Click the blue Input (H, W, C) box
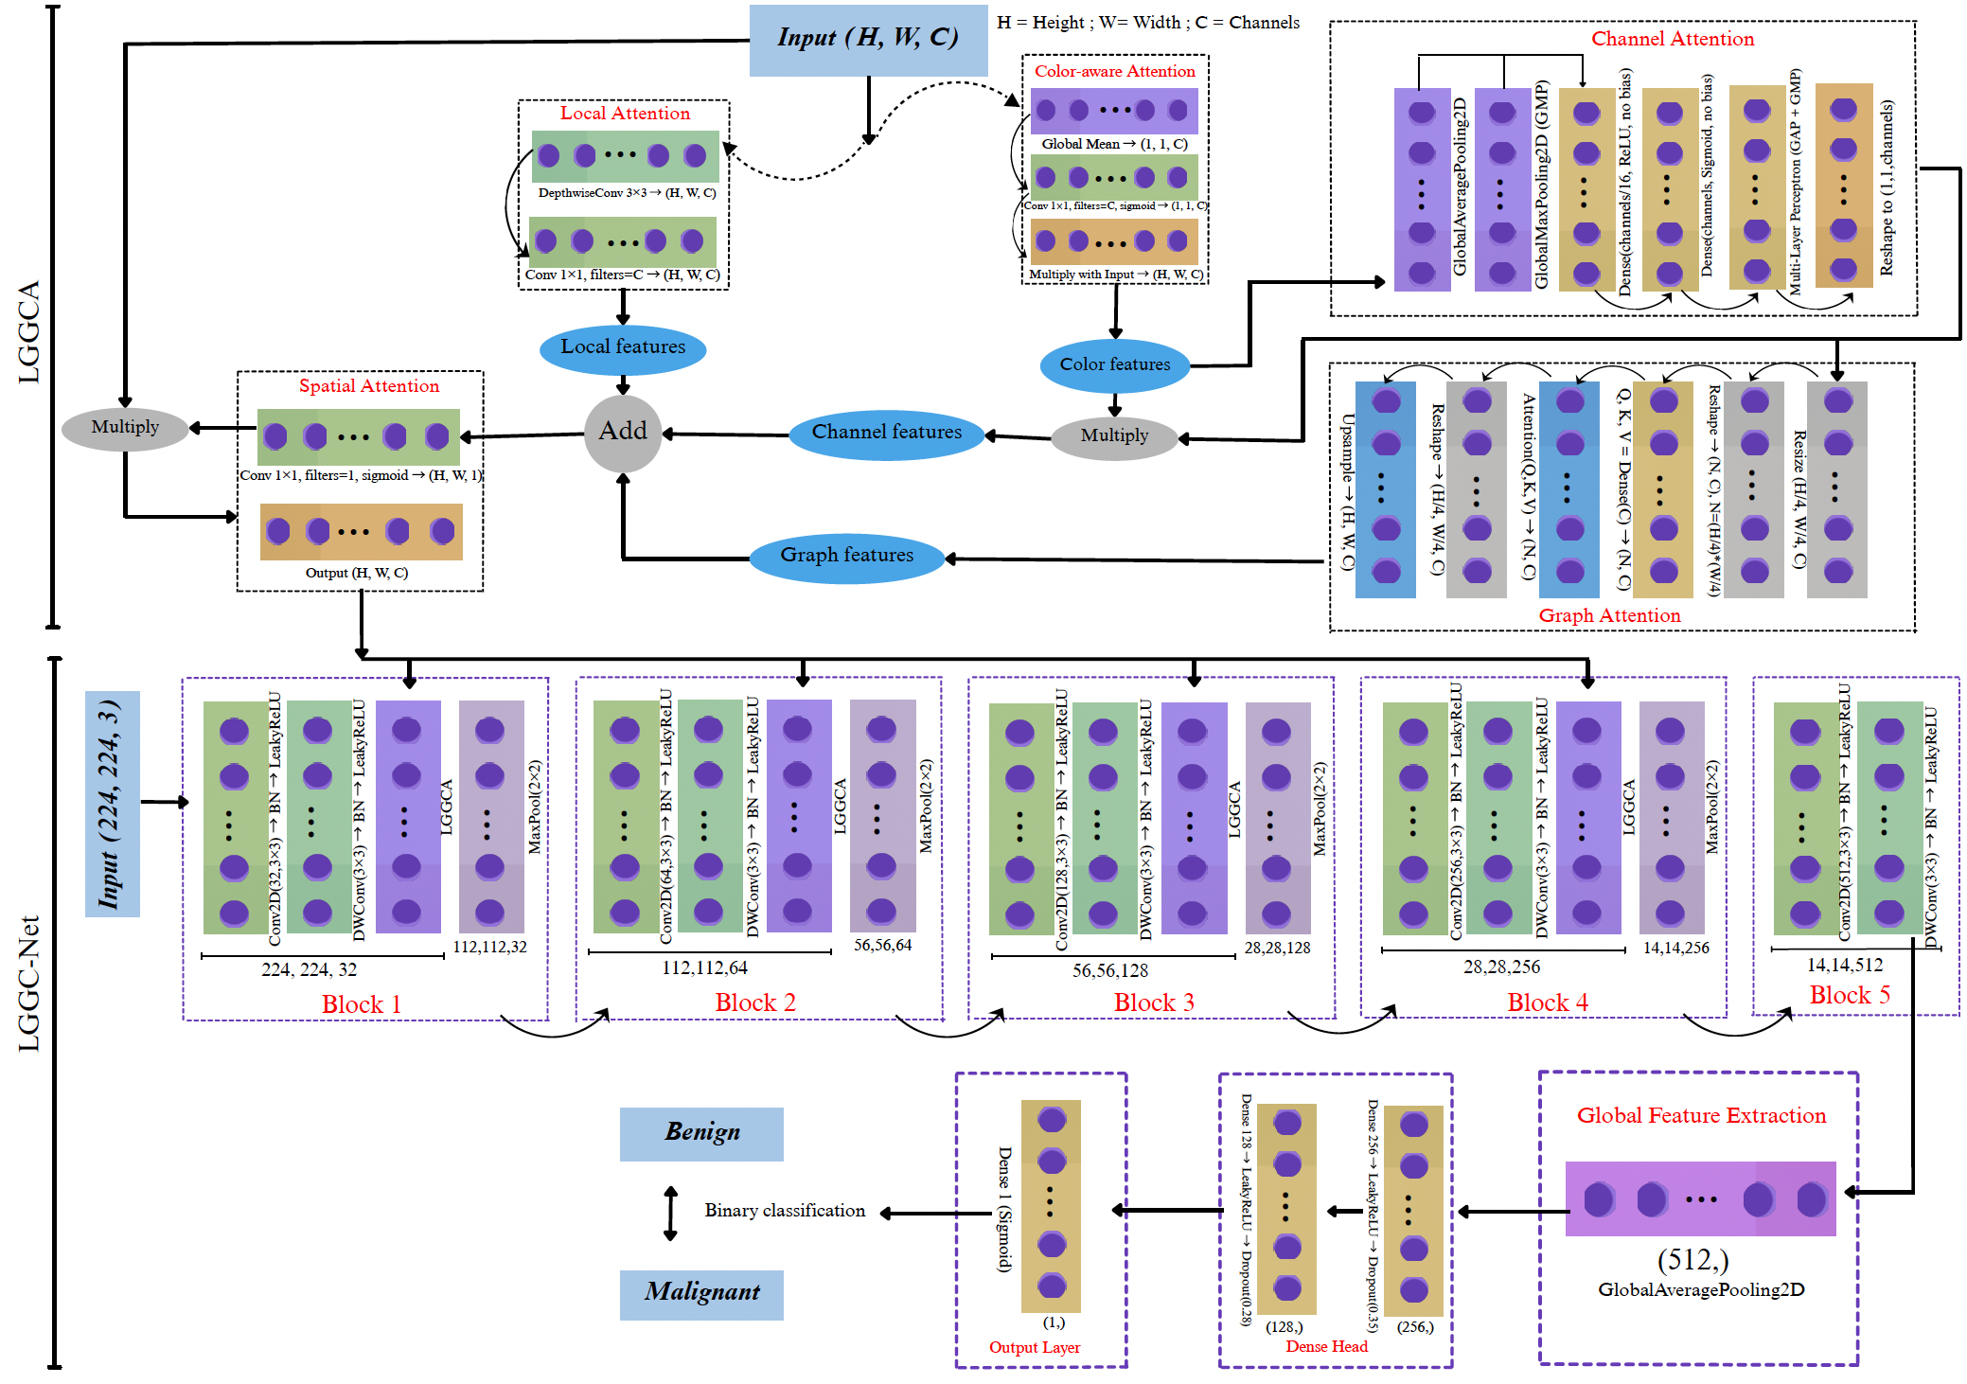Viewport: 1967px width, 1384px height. coord(867,39)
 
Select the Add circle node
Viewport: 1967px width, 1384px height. coord(622,433)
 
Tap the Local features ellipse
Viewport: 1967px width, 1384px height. coord(622,347)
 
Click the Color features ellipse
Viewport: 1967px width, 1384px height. coord(1114,364)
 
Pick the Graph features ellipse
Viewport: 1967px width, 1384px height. coord(846,556)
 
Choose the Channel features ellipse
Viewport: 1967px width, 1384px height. coord(886,434)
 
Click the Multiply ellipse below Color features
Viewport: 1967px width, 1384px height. coord(1114,436)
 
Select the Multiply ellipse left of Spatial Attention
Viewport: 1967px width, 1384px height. coord(125,428)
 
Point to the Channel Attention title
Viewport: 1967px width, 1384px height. coord(1672,39)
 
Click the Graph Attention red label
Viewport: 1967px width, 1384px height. coord(1609,615)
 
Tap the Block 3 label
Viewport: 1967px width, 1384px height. coord(1153,1003)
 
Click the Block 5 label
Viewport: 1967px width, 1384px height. coord(1849,995)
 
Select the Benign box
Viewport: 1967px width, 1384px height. coord(701,1133)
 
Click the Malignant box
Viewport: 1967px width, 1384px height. coord(701,1293)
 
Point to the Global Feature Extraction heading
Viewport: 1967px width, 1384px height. coord(1700,1115)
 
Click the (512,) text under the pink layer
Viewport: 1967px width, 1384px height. coord(1692,1260)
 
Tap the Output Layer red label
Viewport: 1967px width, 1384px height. coord(1034,1347)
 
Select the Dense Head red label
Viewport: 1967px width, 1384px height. coord(1326,1346)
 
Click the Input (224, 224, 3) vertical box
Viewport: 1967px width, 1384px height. coord(112,804)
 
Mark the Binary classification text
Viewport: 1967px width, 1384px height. coord(784,1211)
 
